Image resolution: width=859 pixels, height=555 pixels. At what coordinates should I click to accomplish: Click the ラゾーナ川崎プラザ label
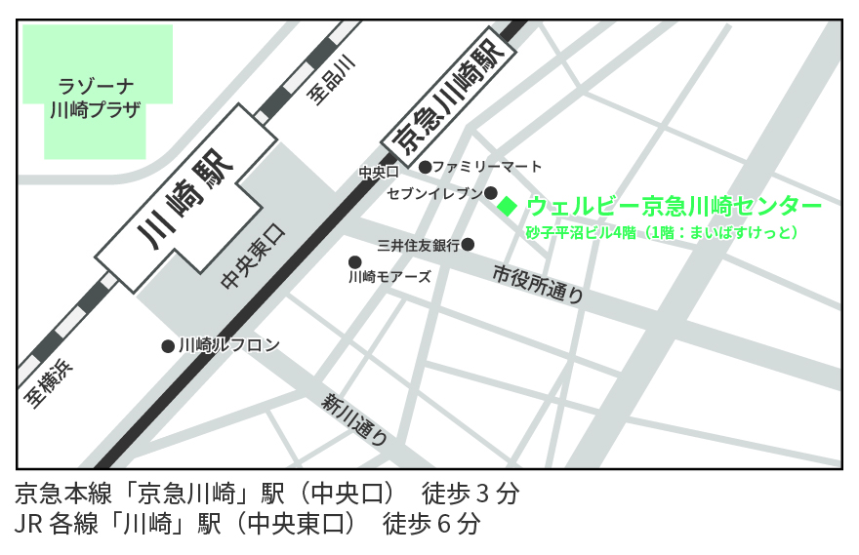[96, 97]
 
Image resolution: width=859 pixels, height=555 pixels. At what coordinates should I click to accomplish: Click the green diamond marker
[507, 206]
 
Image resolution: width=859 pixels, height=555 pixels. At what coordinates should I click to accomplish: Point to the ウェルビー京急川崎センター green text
[674, 207]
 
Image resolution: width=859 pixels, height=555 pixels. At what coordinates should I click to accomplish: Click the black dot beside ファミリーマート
[425, 167]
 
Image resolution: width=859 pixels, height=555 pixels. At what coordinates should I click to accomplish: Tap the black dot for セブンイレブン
[491, 193]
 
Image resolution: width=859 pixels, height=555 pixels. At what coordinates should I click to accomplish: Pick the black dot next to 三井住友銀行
[468, 244]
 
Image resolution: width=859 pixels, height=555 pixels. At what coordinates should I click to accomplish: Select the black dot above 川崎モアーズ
[355, 261]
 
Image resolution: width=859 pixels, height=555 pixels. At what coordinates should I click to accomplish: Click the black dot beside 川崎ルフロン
[168, 345]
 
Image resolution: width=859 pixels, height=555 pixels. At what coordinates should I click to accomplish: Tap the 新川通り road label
[356, 416]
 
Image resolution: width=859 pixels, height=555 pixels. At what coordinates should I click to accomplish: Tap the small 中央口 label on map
[374, 173]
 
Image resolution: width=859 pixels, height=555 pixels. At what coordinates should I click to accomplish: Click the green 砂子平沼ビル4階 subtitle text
[582, 232]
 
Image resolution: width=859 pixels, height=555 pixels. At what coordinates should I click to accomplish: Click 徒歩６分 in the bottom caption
[432, 524]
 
